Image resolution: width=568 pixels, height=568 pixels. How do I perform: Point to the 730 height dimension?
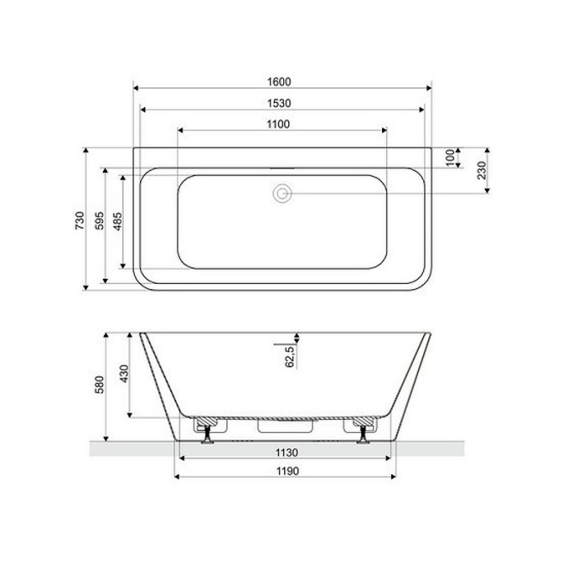[x=80, y=220]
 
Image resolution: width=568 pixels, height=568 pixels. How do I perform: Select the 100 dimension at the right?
[x=449, y=157]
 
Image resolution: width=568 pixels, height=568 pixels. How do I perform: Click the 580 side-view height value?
[x=100, y=385]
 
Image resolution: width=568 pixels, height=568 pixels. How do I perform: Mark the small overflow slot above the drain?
[x=282, y=172]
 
